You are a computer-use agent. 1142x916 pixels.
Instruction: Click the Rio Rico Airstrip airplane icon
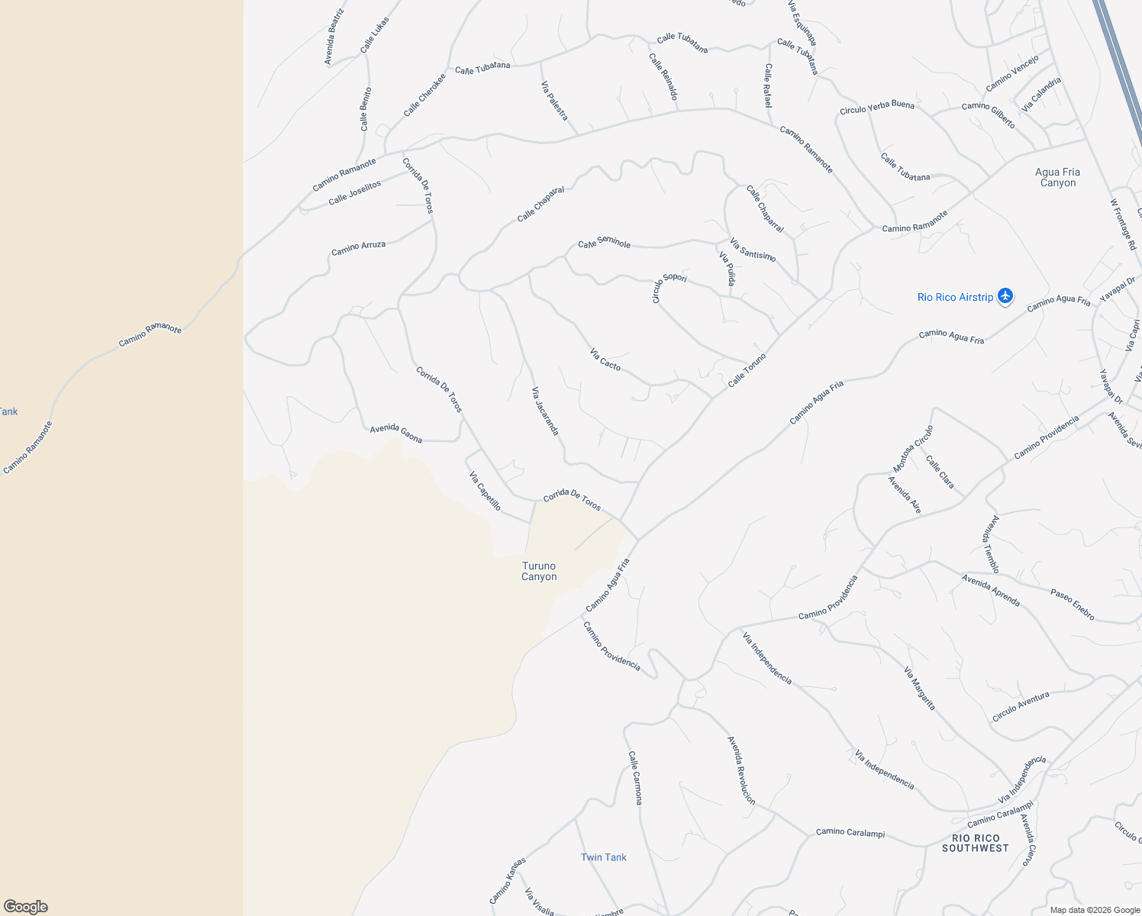pyautogui.click(x=1005, y=296)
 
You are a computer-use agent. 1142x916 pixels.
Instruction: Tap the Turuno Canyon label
pyautogui.click(x=539, y=571)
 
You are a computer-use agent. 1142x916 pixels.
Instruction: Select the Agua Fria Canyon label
pyautogui.click(x=1057, y=177)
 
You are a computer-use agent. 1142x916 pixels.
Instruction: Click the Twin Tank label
pyautogui.click(x=603, y=857)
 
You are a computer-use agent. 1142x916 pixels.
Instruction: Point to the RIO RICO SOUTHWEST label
pyautogui.click(x=975, y=843)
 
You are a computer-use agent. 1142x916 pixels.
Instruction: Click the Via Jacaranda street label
pyautogui.click(x=545, y=411)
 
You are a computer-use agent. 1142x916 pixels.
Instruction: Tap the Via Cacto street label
pyautogui.click(x=605, y=360)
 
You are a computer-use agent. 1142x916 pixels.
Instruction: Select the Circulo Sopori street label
pyautogui.click(x=669, y=285)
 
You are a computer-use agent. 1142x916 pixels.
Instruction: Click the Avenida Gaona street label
pyautogui.click(x=396, y=434)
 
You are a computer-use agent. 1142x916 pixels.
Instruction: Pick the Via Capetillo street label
pyautogui.click(x=486, y=492)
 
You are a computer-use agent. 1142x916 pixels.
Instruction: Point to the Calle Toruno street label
pyautogui.click(x=747, y=370)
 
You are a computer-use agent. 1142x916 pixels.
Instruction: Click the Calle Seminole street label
pyautogui.click(x=604, y=243)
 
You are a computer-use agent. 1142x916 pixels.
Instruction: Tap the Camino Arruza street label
pyautogui.click(x=358, y=248)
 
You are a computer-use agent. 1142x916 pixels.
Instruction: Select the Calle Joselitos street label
pyautogui.click(x=354, y=193)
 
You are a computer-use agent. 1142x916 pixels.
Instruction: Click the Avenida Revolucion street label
pyautogui.click(x=741, y=770)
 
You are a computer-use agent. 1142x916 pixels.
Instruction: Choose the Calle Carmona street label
pyautogui.click(x=635, y=777)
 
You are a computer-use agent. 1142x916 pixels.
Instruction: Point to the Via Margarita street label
pyautogui.click(x=919, y=689)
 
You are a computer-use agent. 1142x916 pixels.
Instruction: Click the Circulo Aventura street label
pyautogui.click(x=1021, y=707)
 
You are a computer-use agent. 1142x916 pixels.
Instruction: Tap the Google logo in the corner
pyautogui.click(x=25, y=906)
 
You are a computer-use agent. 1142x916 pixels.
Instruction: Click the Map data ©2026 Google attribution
pyautogui.click(x=1094, y=910)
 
